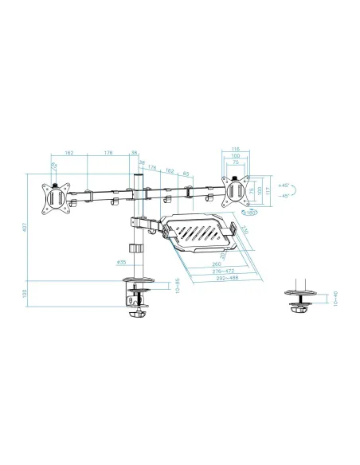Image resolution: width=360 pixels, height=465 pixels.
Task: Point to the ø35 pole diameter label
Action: (x=122, y=261)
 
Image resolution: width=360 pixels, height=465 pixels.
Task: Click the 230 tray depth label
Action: (x=245, y=232)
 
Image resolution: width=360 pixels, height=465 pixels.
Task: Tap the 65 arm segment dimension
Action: (x=185, y=171)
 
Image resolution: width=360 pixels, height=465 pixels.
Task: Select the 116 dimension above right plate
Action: (x=235, y=149)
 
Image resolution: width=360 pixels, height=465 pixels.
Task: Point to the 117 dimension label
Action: (x=269, y=191)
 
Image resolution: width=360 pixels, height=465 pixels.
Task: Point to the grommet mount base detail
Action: (x=302, y=303)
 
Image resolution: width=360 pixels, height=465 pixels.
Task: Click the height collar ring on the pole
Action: (x=143, y=251)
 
